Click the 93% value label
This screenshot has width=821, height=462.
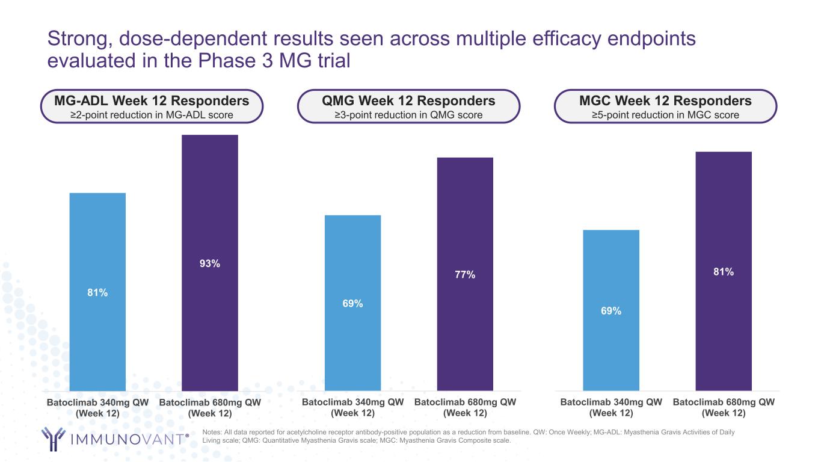(210, 263)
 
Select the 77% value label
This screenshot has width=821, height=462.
(465, 275)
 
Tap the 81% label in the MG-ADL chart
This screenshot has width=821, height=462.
(97, 293)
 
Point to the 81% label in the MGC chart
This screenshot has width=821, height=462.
(724, 272)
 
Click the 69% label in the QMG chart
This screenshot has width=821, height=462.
(352, 304)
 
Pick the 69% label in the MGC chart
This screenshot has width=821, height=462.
(611, 311)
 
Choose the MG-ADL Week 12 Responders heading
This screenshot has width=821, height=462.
(152, 100)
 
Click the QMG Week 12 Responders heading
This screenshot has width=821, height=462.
(410, 100)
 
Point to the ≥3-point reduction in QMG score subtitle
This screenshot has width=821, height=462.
(410, 115)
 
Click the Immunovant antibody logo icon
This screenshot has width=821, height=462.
(53, 439)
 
